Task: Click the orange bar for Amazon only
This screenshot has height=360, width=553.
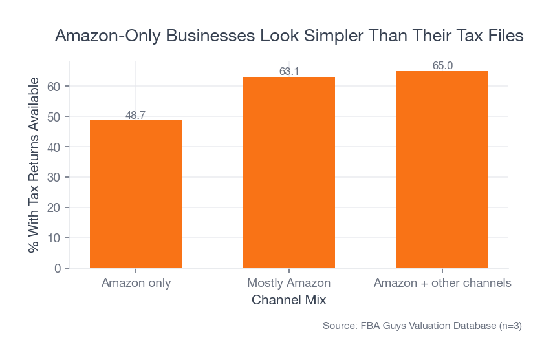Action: (136, 194)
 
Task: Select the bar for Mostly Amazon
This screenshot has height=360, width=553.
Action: (289, 172)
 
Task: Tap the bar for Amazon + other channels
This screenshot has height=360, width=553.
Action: (442, 169)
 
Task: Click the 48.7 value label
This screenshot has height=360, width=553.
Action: (136, 116)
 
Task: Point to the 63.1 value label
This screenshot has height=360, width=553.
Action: (289, 72)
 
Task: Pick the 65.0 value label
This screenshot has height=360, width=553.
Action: (442, 66)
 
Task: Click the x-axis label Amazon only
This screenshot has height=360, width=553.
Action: (136, 283)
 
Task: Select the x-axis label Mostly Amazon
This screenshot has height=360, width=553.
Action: (289, 283)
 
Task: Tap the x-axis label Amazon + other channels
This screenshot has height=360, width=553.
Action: (442, 283)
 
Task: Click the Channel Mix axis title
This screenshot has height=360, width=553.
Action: (288, 301)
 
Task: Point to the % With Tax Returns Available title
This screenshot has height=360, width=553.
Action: (34, 165)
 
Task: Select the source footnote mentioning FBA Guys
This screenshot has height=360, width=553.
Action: (422, 326)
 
